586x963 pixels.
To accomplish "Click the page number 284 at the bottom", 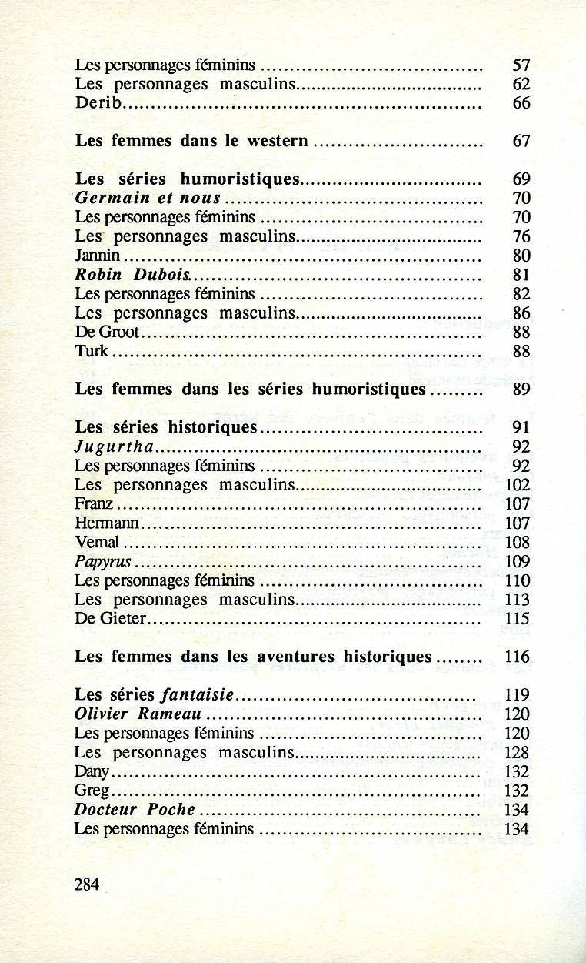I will tap(87, 884).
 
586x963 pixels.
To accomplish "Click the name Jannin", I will tap(98, 256).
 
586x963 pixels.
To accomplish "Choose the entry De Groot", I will tap(107, 332).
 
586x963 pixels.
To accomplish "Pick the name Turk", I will tap(92, 351).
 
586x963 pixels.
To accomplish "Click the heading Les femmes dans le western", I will tap(191, 142).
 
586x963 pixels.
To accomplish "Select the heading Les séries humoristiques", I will tap(187, 179).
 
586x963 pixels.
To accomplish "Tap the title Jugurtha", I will tap(115, 446).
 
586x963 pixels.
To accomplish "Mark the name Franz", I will tap(94, 504).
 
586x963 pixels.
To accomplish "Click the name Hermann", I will tap(108, 523).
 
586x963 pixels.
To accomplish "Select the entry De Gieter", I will tap(110, 619).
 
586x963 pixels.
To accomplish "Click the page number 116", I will tap(518, 657).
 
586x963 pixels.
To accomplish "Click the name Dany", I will tap(93, 771).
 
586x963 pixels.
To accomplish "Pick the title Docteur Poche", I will tap(134, 810).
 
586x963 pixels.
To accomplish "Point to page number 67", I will tap(521, 142).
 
